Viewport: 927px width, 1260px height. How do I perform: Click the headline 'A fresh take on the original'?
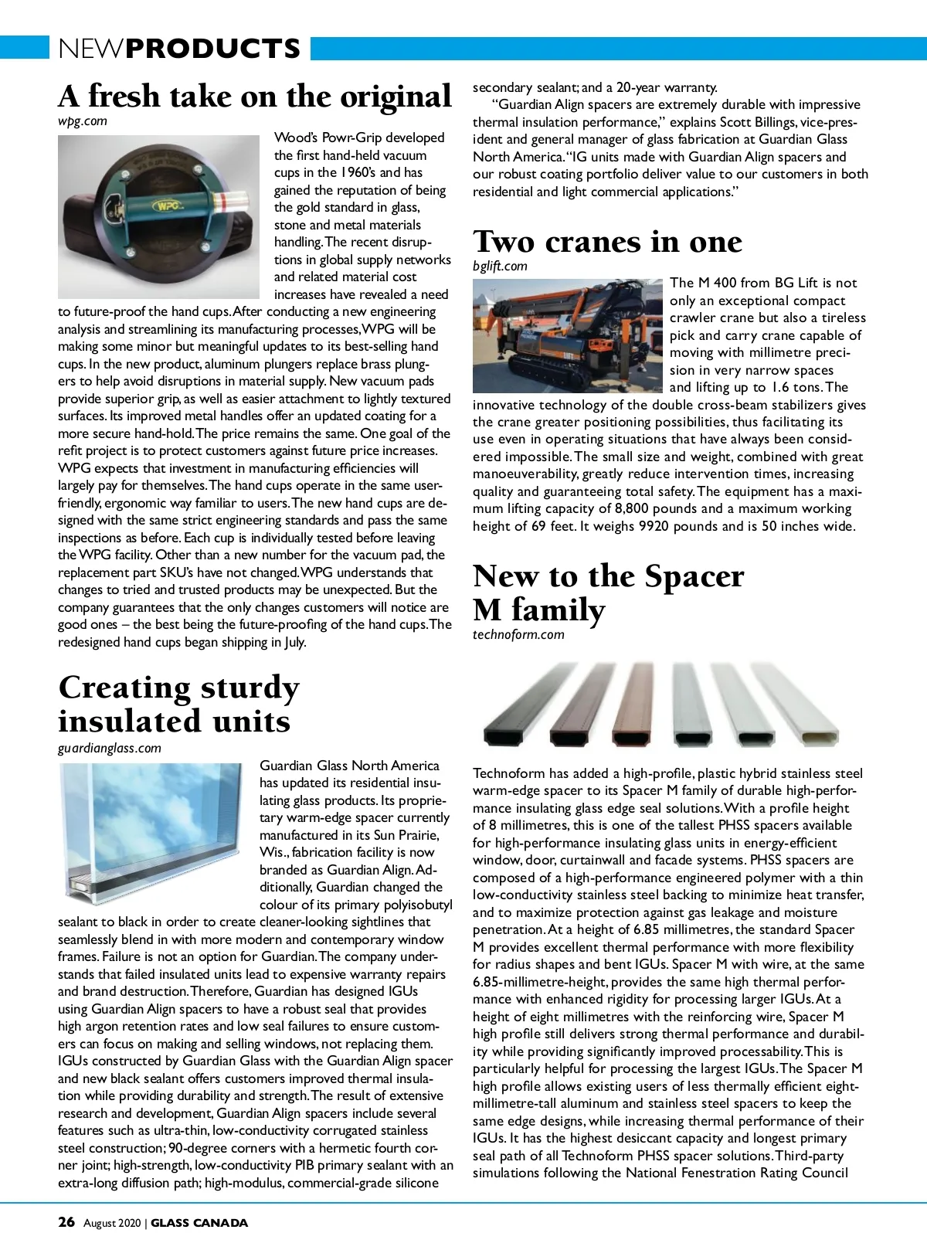tap(255, 97)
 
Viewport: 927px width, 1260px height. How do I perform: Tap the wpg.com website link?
tap(83, 121)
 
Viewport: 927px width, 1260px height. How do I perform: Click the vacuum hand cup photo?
tap(158, 216)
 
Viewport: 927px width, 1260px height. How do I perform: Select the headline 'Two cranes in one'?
tap(607, 242)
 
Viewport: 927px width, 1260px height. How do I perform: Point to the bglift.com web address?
tap(500, 267)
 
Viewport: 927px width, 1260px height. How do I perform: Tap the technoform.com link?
tap(518, 635)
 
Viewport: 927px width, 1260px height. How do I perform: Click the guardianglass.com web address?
tap(110, 748)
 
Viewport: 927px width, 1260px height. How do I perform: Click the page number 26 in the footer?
tap(66, 1222)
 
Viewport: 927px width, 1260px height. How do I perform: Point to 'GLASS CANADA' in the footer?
tap(199, 1223)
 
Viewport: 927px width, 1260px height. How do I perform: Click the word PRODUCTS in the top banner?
tap(212, 49)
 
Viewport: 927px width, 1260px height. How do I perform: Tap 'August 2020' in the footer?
tap(112, 1223)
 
